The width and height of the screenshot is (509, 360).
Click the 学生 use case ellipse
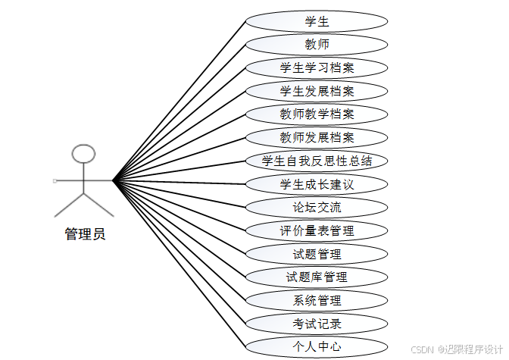click(317, 21)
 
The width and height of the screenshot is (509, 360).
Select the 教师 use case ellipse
click(317, 45)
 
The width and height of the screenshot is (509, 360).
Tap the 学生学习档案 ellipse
click(317, 68)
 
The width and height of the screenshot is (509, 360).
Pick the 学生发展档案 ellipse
click(317, 91)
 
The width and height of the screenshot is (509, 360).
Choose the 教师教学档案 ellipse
click(317, 114)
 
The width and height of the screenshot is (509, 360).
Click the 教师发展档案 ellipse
click(317, 138)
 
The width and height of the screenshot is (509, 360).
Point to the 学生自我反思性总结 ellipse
click(317, 161)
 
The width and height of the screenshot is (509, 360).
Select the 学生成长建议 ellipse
click(317, 184)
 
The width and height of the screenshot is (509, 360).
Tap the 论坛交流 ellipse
click(317, 207)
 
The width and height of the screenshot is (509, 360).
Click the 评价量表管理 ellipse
click(317, 230)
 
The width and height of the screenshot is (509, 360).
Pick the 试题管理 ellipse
click(317, 254)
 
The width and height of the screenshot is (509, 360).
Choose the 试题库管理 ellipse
click(317, 277)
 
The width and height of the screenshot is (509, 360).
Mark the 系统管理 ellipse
click(317, 300)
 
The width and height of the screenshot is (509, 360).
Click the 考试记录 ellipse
click(317, 324)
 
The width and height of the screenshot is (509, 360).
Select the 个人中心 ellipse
click(317, 347)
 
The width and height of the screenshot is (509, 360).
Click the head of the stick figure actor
click(83, 155)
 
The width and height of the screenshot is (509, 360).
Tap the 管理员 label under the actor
click(85, 234)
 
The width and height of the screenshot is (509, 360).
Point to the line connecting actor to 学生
click(180, 101)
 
